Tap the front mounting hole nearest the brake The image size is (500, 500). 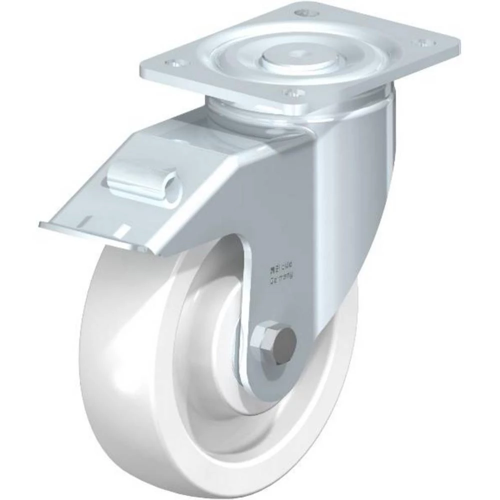(x=293, y=92)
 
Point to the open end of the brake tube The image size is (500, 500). (x=172, y=189)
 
